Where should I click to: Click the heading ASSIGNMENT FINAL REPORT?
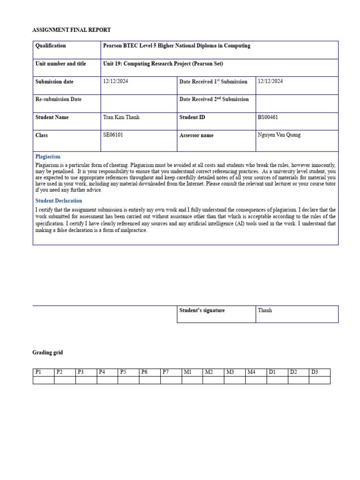[71, 30]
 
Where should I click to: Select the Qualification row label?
[51, 46]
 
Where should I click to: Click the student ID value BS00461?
[268, 117]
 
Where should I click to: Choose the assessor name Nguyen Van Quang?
[279, 135]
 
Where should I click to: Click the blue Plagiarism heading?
[48, 157]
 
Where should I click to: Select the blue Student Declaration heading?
[59, 201]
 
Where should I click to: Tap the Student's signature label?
[202, 310]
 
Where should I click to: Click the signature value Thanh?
[265, 310]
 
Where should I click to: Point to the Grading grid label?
[47, 352]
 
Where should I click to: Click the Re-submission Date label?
[59, 99]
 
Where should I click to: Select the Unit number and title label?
[61, 64]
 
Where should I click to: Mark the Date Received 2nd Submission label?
[214, 99]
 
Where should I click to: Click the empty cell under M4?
[256, 380]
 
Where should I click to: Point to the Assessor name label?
[196, 135]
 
